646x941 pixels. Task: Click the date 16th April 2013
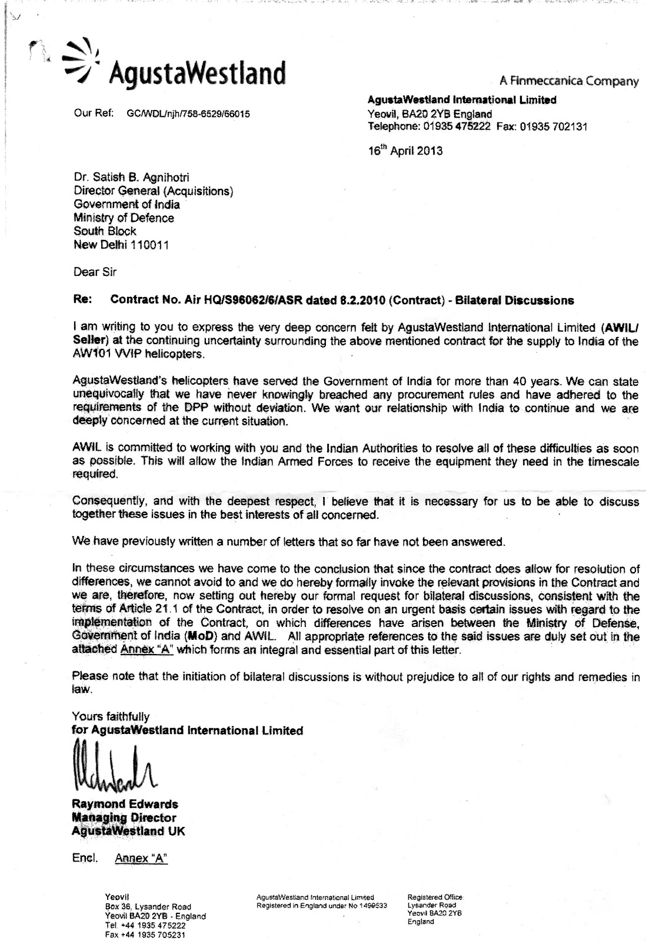(x=405, y=150)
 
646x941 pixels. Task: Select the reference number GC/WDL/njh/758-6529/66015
(x=188, y=114)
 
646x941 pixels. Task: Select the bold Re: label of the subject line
(x=82, y=300)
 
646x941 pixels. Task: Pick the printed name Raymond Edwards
(x=125, y=804)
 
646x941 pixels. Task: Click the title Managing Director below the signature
(x=124, y=817)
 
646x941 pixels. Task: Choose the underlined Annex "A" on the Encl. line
(x=141, y=858)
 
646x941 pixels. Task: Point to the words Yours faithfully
(x=110, y=716)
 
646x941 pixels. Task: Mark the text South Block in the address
(x=104, y=231)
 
